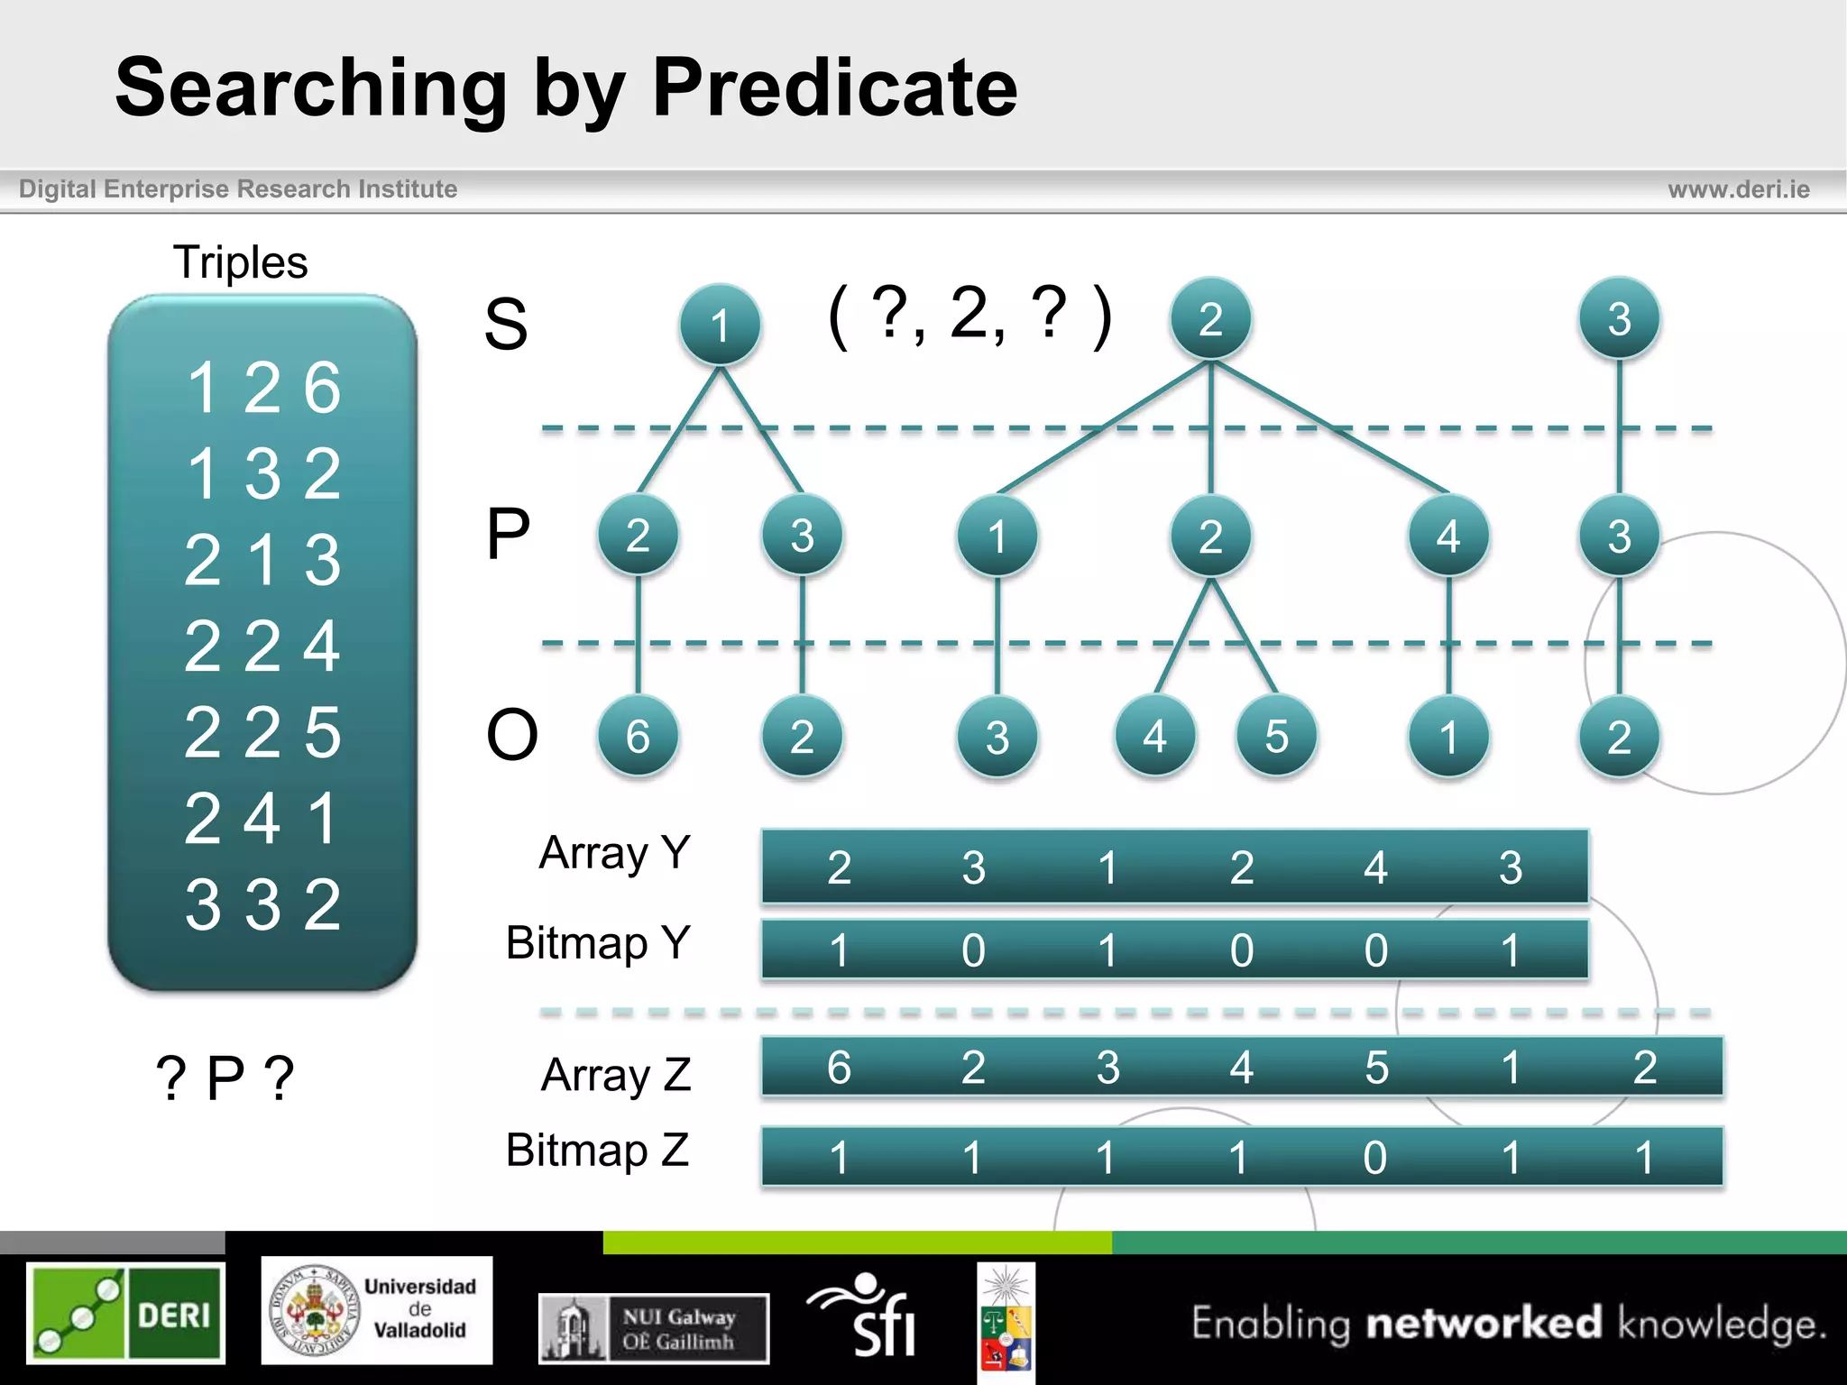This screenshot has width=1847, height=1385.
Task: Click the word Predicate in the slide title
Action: (834, 87)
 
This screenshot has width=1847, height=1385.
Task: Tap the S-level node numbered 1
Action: (720, 325)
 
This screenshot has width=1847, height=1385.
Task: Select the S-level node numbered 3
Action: (1619, 318)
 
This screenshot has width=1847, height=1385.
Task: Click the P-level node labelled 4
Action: (1447, 537)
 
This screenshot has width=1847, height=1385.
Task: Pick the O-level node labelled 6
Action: (638, 736)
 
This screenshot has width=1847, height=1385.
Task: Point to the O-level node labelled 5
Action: (1276, 736)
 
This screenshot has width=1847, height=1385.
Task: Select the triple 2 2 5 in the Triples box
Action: (262, 731)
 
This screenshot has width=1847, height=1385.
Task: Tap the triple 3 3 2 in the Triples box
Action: (262, 903)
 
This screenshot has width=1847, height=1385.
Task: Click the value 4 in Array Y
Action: (1374, 867)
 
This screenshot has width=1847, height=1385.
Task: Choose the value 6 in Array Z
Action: (839, 1067)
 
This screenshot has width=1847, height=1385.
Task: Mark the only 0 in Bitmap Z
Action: (1374, 1157)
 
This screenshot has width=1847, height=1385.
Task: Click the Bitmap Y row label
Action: (598, 943)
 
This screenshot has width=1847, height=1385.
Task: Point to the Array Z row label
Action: (616, 1075)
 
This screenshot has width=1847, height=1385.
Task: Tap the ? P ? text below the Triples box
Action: (225, 1077)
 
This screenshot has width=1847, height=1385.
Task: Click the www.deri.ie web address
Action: (1738, 189)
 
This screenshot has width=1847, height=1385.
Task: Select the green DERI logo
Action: (125, 1312)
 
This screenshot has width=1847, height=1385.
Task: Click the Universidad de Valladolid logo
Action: (377, 1310)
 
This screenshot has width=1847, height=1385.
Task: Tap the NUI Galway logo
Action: (654, 1328)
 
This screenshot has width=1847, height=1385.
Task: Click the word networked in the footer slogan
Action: (1484, 1323)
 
